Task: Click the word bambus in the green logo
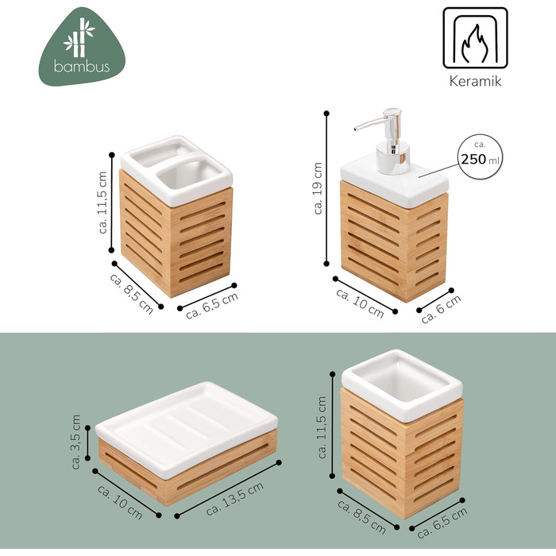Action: [x=82, y=66]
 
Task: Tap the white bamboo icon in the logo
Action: [x=79, y=37]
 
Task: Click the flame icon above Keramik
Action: [x=475, y=43]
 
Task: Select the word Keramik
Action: [x=475, y=81]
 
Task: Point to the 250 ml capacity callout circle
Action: [x=480, y=156]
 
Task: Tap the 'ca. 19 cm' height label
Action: [x=318, y=188]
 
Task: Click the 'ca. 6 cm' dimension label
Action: [x=441, y=308]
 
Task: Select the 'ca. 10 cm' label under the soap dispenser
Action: [x=360, y=303]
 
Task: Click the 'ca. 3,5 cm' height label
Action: [x=76, y=442]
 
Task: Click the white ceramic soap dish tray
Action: [x=187, y=428]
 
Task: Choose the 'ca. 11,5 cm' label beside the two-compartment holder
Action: [x=102, y=202]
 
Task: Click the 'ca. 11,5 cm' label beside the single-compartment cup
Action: [x=322, y=427]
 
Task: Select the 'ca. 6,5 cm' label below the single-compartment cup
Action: [x=442, y=523]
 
